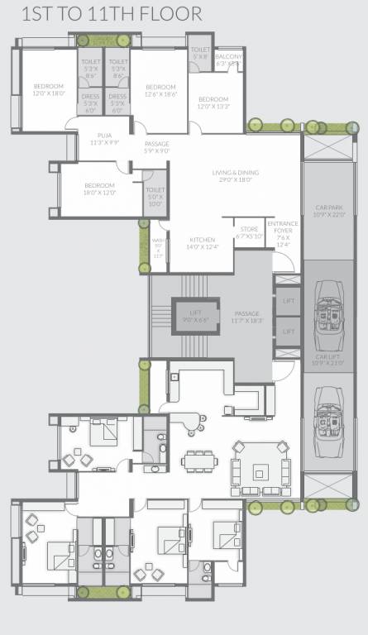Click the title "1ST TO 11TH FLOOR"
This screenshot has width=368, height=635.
[x=102, y=14]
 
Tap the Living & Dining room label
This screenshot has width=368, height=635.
[x=235, y=176]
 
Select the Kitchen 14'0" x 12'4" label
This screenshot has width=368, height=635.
[x=202, y=241]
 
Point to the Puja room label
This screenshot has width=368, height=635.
[x=104, y=138]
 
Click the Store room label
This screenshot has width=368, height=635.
[x=250, y=232]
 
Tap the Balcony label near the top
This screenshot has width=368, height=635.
[x=227, y=59]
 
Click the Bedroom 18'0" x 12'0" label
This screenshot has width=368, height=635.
[x=99, y=189]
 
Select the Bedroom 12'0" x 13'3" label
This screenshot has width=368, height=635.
[x=213, y=103]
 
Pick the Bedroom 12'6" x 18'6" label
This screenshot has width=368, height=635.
[x=160, y=91]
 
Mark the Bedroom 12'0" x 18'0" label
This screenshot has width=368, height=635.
[x=48, y=90]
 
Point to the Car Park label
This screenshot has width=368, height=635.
[x=329, y=211]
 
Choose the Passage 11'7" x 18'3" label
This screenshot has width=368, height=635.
[x=246, y=317]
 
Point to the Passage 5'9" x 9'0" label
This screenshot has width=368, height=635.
[x=156, y=147]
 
